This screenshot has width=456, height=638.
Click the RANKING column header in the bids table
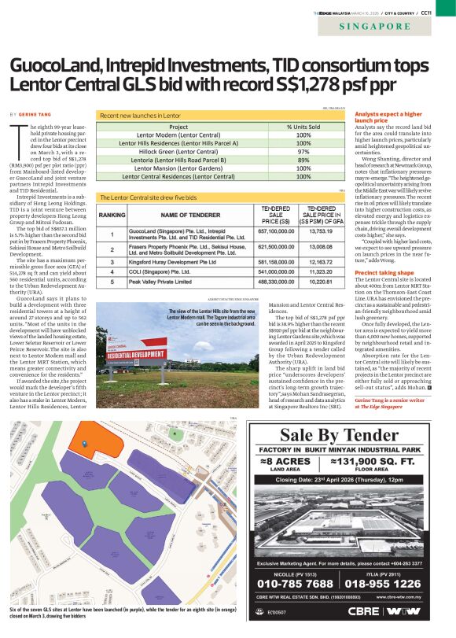click(112, 214)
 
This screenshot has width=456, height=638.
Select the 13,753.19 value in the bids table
click(321, 231)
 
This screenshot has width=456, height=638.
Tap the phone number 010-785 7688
click(296, 583)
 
